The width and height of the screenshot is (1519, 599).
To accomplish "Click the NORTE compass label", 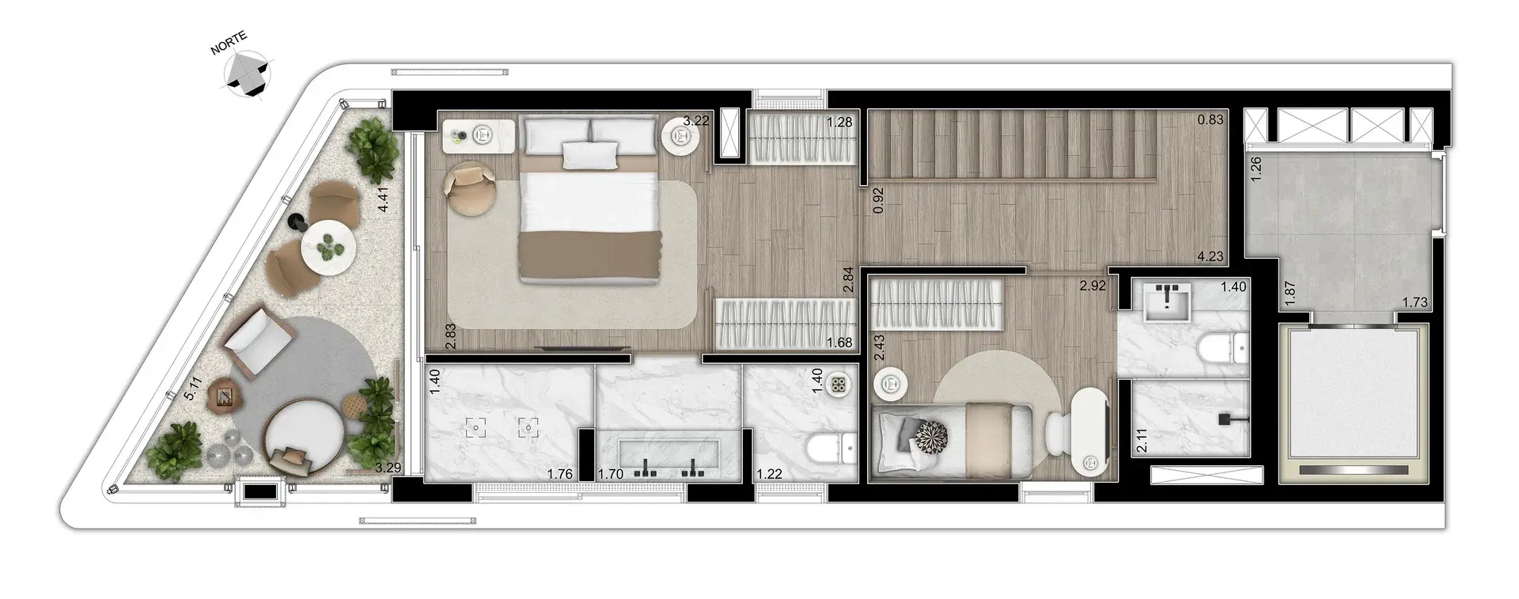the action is click(x=229, y=44).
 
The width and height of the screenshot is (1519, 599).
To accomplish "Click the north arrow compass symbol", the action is click(x=247, y=73).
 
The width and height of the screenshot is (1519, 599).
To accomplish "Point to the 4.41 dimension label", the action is click(x=383, y=198).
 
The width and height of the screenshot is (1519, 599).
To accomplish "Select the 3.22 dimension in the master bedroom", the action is click(x=696, y=121).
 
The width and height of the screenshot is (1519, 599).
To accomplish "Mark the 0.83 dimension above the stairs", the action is click(x=1210, y=121).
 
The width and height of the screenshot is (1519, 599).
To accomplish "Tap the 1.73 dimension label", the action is click(x=1415, y=301).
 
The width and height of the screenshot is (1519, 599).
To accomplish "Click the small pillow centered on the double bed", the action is click(x=589, y=154).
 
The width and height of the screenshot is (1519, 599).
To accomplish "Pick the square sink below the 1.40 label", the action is click(x=1168, y=304).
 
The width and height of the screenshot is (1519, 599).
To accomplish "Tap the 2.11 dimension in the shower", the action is click(x=1141, y=441).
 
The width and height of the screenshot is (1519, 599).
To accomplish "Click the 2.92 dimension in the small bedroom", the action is click(x=1093, y=286).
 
